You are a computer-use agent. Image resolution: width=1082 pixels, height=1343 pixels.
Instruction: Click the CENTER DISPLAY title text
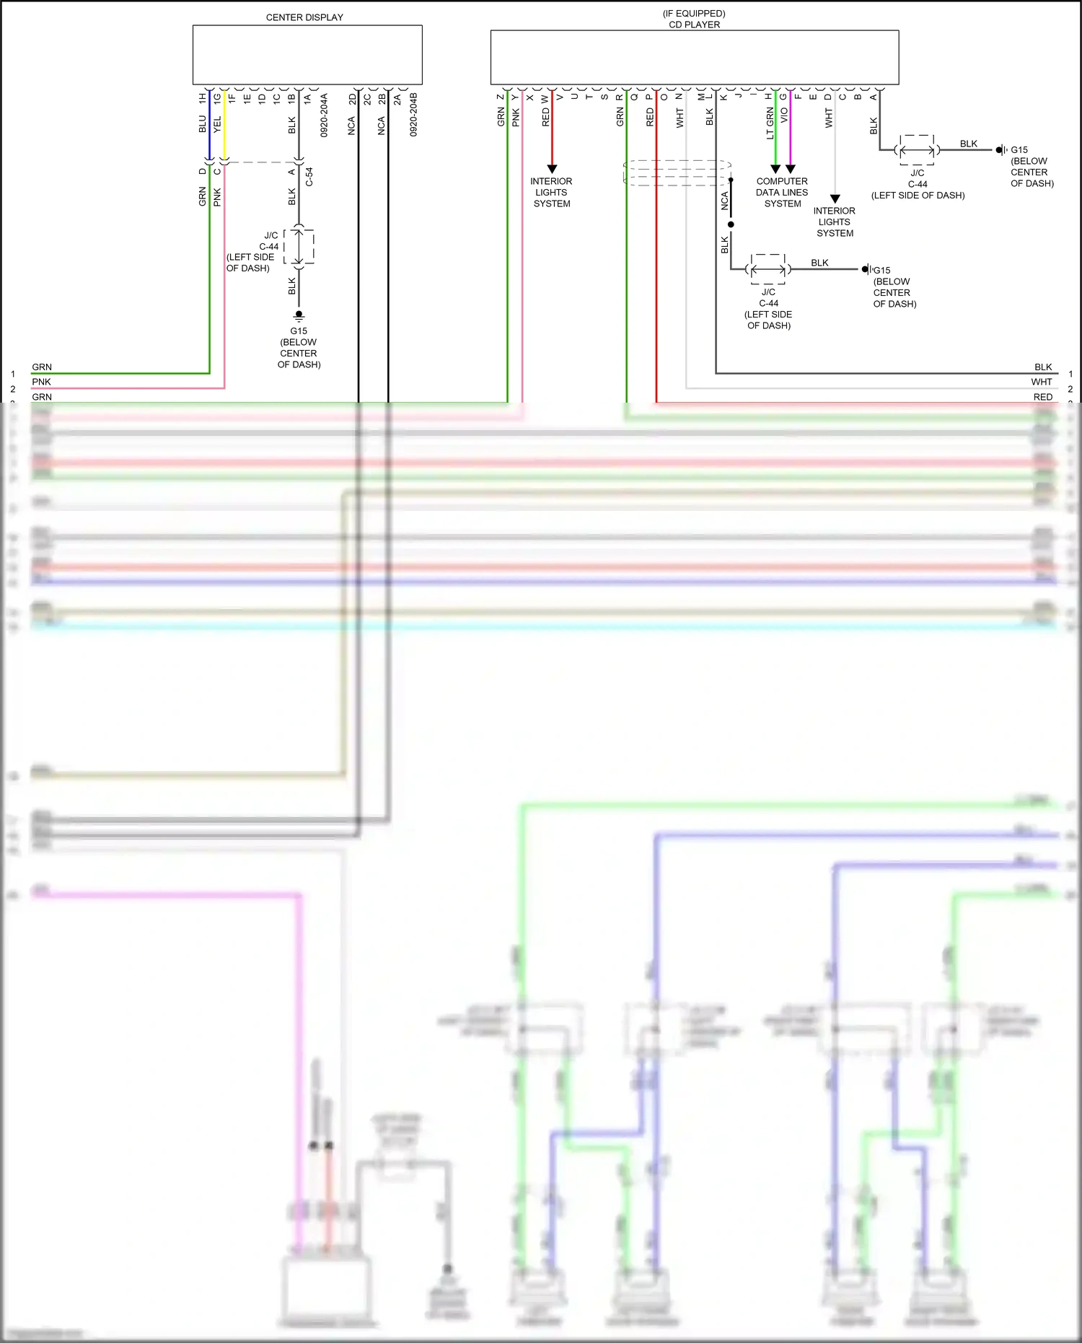(304, 17)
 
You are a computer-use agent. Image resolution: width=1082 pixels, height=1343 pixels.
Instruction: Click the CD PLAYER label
(694, 25)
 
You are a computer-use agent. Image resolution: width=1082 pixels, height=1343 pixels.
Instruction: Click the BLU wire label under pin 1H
(203, 124)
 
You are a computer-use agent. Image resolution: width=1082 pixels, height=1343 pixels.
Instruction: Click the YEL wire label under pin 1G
(217, 124)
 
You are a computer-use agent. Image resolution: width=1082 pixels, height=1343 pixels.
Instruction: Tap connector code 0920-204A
(324, 115)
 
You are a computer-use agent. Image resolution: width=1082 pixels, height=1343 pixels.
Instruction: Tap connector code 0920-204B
(413, 115)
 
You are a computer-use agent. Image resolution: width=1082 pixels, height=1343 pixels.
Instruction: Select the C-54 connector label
(309, 177)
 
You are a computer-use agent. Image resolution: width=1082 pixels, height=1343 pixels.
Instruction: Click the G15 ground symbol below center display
(299, 315)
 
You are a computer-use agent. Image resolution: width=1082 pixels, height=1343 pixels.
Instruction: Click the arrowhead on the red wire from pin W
(552, 169)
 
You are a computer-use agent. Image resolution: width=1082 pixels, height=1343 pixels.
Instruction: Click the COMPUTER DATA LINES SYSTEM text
(782, 193)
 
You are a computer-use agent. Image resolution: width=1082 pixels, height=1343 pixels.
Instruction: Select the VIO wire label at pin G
(784, 115)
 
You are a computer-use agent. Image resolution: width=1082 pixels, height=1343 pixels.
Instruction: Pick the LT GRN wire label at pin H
(770, 123)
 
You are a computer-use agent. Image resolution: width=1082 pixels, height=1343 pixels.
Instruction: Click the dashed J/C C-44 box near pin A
(917, 150)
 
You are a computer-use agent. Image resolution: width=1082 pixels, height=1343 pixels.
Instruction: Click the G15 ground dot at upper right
(1000, 150)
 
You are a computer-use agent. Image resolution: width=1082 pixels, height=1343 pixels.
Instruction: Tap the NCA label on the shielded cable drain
(724, 201)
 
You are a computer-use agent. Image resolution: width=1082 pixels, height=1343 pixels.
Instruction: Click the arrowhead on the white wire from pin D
(835, 198)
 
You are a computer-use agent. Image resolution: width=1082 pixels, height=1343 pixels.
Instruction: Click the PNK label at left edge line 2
(41, 382)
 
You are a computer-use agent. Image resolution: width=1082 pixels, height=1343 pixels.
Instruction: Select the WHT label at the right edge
(1041, 382)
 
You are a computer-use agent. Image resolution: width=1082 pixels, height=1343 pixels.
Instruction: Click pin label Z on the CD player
(501, 97)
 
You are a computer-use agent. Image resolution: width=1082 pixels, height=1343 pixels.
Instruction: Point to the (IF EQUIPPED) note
(694, 13)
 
